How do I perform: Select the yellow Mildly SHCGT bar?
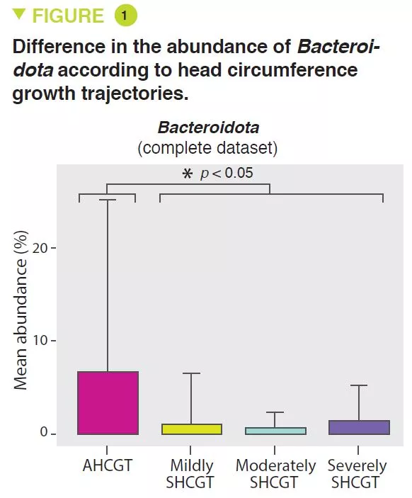tap(191, 429)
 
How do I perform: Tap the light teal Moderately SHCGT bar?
tap(275, 431)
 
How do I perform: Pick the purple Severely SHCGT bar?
tap(359, 427)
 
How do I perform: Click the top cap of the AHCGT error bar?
tap(108, 200)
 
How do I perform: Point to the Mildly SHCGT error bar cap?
tap(191, 373)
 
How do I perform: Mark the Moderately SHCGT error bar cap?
tap(275, 412)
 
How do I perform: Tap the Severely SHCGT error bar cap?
tap(359, 385)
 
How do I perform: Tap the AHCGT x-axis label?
tap(108, 466)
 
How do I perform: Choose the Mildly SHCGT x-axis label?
tap(191, 474)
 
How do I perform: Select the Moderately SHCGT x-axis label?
tap(275, 474)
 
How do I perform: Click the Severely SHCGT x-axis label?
tap(357, 474)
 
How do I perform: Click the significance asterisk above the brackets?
tap(188, 174)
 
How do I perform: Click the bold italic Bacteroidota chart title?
tap(207, 128)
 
